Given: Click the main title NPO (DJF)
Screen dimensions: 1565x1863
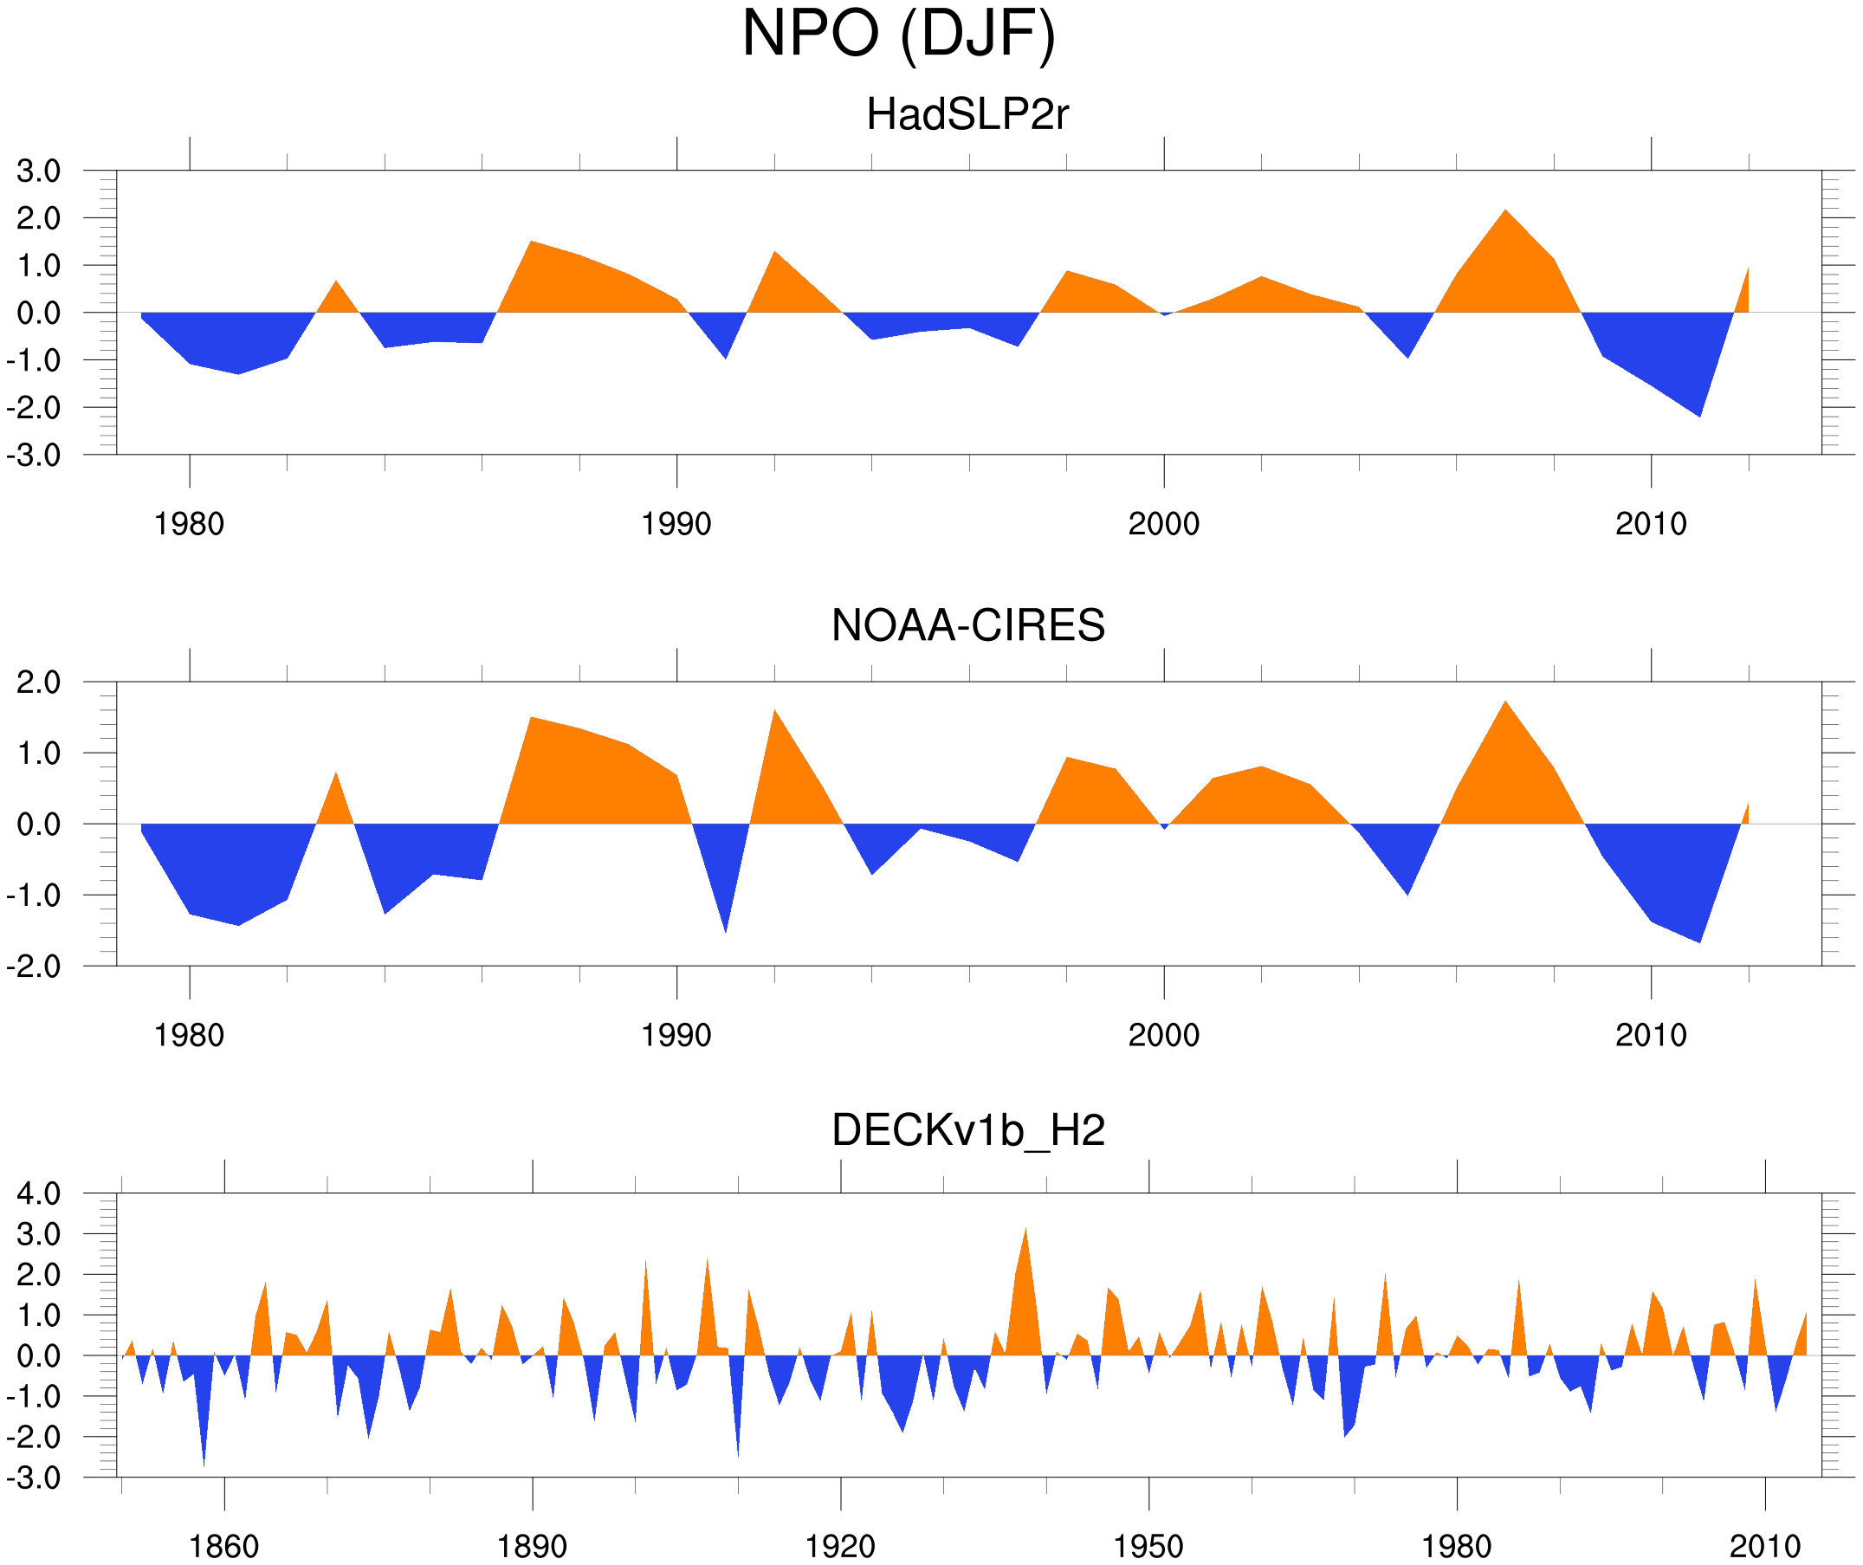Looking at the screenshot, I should coord(898,34).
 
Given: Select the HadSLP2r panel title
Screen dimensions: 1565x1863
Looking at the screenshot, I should coord(967,114).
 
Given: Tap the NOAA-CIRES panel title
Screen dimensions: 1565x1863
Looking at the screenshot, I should coord(967,625).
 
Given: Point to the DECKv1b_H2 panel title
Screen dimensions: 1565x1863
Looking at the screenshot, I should coord(967,1130).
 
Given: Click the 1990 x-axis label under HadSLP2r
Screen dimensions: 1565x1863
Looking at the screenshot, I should coord(676,524).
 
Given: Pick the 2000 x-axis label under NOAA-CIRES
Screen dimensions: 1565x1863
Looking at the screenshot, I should coord(1163,1035).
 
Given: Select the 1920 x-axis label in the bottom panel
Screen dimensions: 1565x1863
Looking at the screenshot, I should coord(839,1546).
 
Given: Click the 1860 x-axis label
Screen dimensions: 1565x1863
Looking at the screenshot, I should coord(223,1546).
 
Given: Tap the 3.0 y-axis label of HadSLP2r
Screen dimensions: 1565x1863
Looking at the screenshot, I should coord(38,171).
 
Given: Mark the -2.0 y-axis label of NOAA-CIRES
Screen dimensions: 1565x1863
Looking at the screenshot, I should coord(34,967).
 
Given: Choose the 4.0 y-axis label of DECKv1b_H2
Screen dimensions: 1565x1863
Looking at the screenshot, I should coord(38,1194).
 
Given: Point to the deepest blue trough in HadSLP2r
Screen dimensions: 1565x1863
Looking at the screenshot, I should coord(1699,414).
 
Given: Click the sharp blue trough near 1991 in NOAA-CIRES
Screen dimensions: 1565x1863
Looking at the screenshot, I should coord(726,930).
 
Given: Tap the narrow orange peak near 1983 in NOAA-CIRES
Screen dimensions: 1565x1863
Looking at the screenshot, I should coord(335,775).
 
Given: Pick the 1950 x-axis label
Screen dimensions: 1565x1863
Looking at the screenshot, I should coord(1148,1546).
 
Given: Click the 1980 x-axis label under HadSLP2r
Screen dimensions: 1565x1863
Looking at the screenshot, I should coord(189,524).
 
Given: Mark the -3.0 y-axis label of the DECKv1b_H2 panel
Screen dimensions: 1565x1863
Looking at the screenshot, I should coord(34,1478).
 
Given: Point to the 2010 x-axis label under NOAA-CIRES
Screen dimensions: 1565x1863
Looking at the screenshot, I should coord(1650,1035).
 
